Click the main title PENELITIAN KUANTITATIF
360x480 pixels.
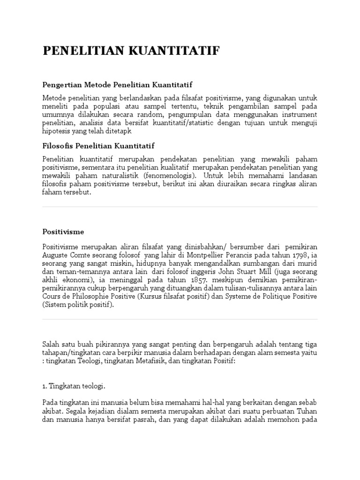(131, 51)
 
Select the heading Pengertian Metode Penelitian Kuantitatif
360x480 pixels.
(117, 85)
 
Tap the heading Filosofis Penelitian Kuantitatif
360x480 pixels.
(98, 146)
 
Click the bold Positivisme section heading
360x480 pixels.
(63, 232)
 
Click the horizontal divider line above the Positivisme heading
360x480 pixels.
(180, 207)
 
